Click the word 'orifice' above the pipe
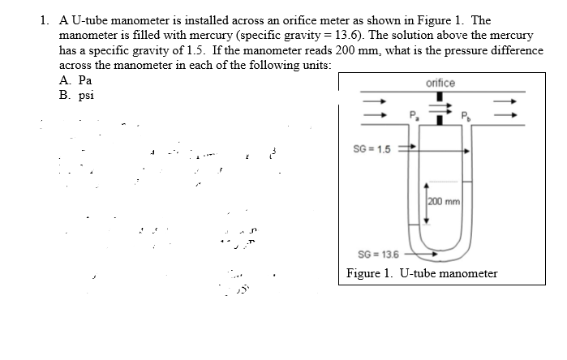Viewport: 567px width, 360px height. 440,84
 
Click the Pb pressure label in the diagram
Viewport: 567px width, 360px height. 466,114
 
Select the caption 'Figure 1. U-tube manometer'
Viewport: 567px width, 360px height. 422,273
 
